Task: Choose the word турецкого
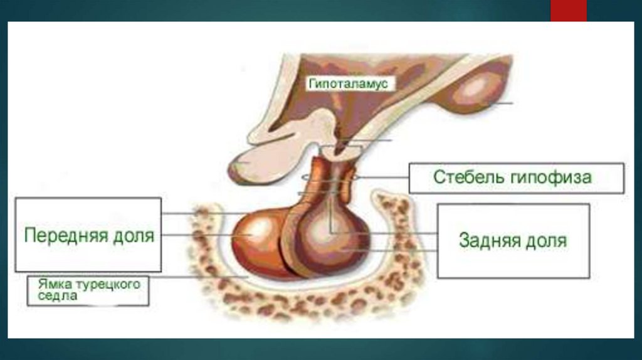tap(107, 284)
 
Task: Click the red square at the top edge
tap(568, 10)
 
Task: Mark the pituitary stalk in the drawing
tap(326, 179)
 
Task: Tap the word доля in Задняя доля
tap(547, 240)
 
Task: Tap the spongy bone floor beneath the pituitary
tap(301, 301)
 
